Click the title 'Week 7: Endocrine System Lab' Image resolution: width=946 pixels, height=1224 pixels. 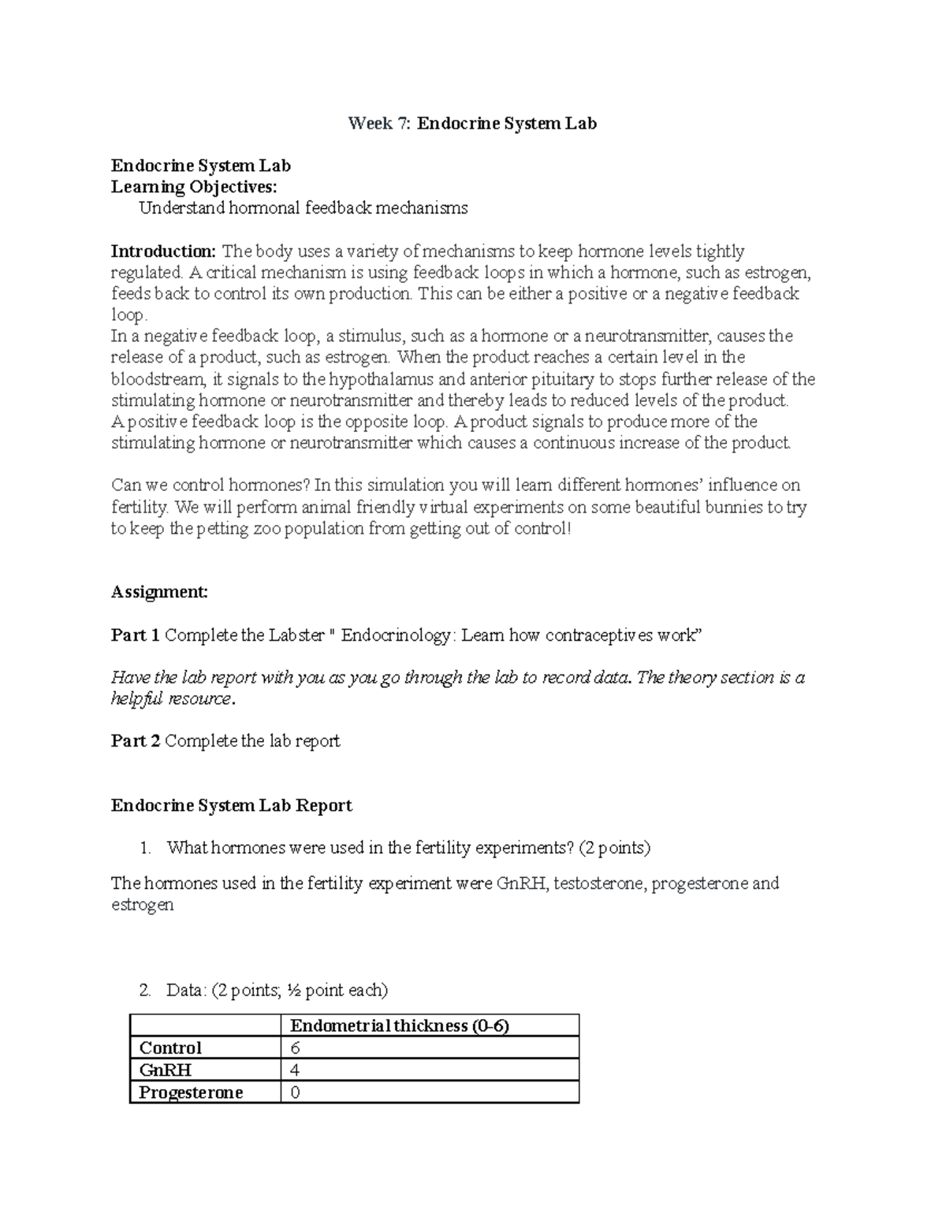click(x=473, y=123)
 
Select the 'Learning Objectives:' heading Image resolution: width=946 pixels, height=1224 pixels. click(x=194, y=187)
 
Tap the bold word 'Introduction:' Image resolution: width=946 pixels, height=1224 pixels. click(x=163, y=251)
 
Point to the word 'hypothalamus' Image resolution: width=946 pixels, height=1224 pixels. click(x=381, y=379)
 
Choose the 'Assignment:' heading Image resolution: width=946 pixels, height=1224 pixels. click(x=159, y=592)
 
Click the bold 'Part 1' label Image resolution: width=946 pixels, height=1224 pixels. click(x=136, y=634)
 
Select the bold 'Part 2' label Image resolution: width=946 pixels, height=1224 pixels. click(x=136, y=741)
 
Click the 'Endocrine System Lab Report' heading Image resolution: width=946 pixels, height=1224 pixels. click(x=232, y=805)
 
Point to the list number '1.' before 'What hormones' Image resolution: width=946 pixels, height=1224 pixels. click(x=144, y=848)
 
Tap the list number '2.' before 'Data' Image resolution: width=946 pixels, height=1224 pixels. click(x=144, y=990)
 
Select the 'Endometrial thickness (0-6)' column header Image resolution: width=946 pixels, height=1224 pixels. click(x=400, y=1025)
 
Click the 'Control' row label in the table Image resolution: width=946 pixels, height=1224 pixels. click(x=170, y=1047)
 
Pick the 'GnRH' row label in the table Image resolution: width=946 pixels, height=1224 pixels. click(x=166, y=1070)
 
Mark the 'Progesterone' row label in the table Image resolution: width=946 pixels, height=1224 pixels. click(x=191, y=1092)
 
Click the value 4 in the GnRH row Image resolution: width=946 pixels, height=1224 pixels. click(x=296, y=1070)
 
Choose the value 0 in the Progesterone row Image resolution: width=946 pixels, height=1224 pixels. click(x=296, y=1092)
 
